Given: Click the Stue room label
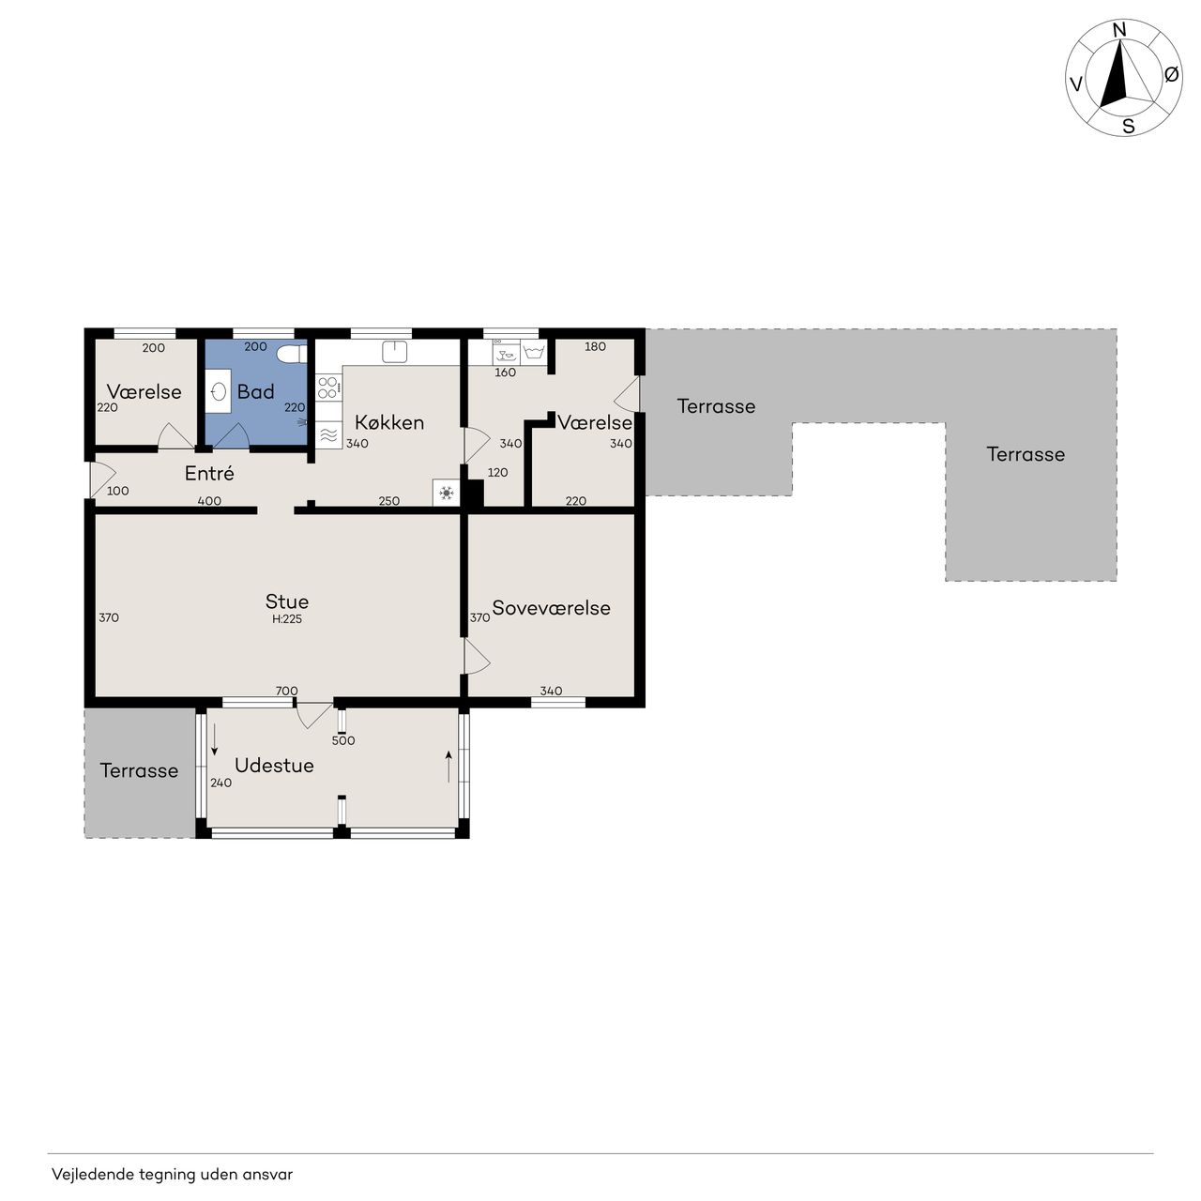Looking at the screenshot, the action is point(287,601).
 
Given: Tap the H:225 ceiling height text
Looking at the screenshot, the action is point(287,619).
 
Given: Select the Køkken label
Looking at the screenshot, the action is point(389,422).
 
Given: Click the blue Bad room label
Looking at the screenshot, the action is point(255,391).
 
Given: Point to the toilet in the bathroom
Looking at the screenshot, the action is point(292,354).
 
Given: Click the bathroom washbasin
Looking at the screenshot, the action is point(219,391).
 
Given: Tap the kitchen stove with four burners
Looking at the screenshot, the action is point(327,387).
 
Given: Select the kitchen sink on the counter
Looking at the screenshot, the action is point(394,351).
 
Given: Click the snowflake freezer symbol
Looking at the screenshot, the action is point(447,493).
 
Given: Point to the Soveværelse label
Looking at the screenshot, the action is point(551,608).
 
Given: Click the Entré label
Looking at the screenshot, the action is point(209,473).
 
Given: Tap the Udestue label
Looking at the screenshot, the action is point(274,766).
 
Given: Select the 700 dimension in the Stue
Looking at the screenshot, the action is point(287,691).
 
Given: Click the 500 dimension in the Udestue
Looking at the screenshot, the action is point(343,740).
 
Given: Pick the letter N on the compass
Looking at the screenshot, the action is point(1119,30).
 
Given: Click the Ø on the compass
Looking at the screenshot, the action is point(1171,74).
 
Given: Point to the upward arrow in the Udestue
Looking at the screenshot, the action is point(448,766).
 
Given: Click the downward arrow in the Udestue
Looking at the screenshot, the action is point(215,739).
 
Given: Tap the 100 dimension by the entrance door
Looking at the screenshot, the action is point(118,491).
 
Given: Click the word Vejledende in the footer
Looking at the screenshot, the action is point(92,1174).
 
